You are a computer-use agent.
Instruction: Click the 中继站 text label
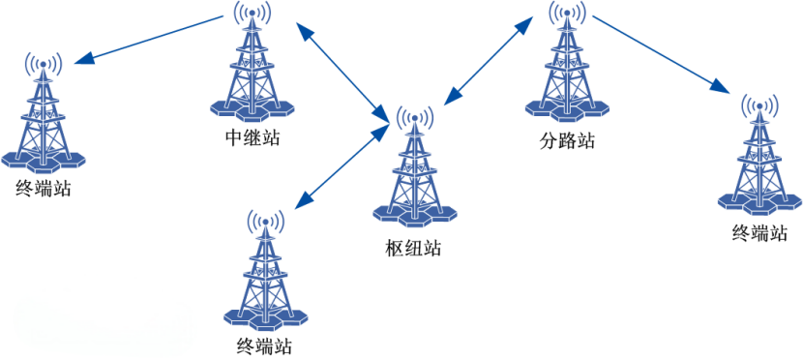coord(252,137)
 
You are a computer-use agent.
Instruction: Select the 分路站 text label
coord(566,140)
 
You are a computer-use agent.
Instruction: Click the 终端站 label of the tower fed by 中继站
coord(44,187)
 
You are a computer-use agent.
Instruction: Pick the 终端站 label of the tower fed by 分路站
coord(759,232)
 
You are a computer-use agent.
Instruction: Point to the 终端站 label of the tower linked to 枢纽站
coord(263,345)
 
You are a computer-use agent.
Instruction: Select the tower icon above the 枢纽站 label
coord(414,169)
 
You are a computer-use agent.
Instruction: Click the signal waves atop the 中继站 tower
coord(252,14)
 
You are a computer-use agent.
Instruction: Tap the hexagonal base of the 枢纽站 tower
coord(414,214)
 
